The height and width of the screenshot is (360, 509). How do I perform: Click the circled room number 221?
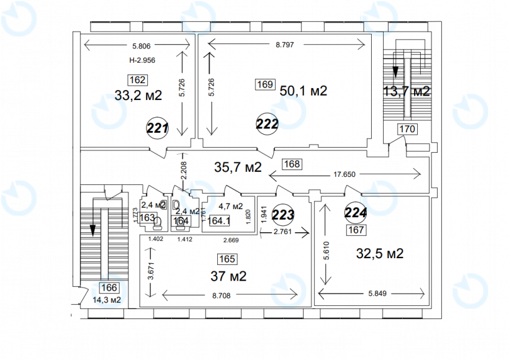pos(158,128)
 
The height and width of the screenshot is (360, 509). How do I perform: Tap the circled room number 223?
pos(284,215)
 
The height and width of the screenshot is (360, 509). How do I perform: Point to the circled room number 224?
pos(356,212)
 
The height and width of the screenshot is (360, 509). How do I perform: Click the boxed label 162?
pos(137,79)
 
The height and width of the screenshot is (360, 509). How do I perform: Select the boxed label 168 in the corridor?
pos(292,164)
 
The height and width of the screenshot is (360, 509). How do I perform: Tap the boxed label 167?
pos(356,230)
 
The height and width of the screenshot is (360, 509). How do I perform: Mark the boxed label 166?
pos(109,287)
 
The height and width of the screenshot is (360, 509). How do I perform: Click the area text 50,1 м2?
pos(304,91)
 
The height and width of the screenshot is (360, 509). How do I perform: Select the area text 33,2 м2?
pos(138,96)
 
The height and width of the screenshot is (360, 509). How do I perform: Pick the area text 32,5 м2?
pos(380,253)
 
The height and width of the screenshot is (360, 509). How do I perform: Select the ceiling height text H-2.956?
pos(142,61)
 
